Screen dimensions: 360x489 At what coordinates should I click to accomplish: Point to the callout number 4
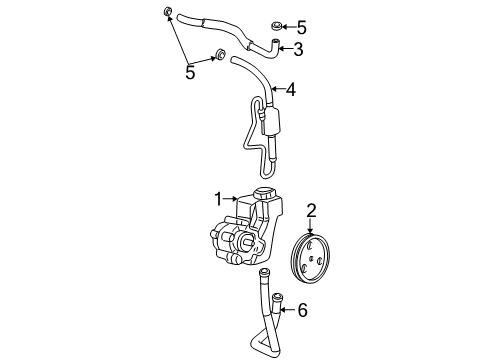click(x=289, y=90)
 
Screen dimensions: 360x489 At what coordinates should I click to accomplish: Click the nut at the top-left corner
click(x=166, y=13)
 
